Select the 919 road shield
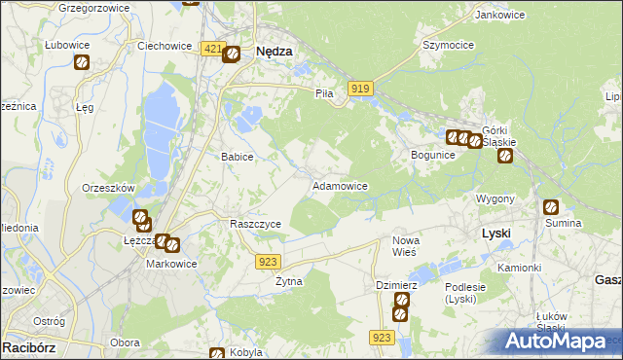click(360, 89)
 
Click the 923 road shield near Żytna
click(270, 261)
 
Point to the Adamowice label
click(339, 186)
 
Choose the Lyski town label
click(496, 234)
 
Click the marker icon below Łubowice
click(82, 63)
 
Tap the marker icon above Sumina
click(550, 207)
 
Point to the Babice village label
click(238, 157)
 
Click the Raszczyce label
click(255, 224)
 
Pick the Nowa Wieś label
click(405, 245)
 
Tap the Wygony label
click(495, 198)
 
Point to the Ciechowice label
click(164, 45)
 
